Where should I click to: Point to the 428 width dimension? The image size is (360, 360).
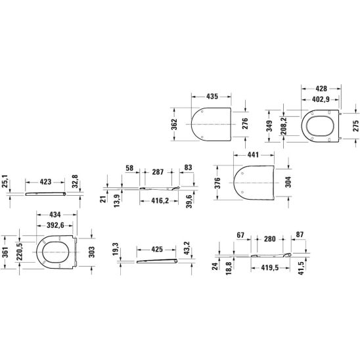pyautogui.click(x=321, y=87)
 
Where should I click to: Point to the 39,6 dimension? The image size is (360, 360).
pyautogui.click(x=191, y=199)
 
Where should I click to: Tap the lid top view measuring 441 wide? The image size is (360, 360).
pyautogui.click(x=252, y=182)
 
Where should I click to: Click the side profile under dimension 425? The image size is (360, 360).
pyautogui.click(x=157, y=261)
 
